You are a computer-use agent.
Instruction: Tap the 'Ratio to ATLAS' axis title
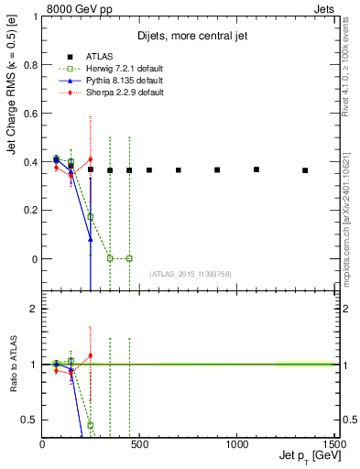(13, 365)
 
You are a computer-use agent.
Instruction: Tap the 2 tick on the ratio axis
(36, 310)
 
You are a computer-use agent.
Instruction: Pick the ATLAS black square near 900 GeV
(217, 169)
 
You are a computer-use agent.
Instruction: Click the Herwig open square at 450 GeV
(129, 258)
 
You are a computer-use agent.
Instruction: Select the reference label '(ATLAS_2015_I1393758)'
(190, 273)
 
